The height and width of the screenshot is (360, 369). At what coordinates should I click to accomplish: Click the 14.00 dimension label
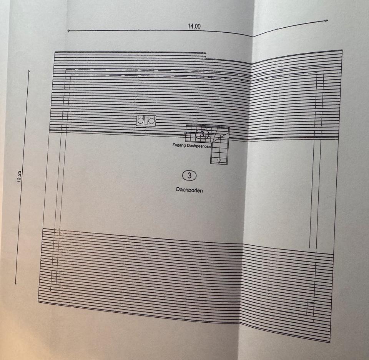coord(194,26)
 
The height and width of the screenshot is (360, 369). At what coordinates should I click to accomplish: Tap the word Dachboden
coord(189,190)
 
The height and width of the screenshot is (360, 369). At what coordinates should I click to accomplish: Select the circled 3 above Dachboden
coord(189,176)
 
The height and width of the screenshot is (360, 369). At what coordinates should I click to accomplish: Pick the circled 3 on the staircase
coord(202,134)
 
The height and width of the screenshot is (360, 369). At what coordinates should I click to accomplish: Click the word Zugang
coord(180,146)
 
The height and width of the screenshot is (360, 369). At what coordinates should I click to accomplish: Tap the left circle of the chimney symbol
coord(141,120)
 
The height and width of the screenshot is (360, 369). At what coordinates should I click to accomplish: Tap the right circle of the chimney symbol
coord(152,121)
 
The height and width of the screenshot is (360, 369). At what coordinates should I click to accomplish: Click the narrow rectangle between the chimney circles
coord(146,120)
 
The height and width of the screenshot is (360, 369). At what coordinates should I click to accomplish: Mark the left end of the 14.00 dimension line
coord(68,30)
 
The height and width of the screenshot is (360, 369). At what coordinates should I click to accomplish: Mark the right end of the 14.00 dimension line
coord(327,20)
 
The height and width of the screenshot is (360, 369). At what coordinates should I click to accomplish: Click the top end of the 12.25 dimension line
coord(29,70)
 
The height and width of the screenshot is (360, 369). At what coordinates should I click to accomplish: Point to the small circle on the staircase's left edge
coord(186,133)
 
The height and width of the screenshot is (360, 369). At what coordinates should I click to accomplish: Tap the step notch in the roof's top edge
coord(206,56)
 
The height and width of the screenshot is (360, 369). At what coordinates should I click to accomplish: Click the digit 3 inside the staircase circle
coord(202,134)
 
